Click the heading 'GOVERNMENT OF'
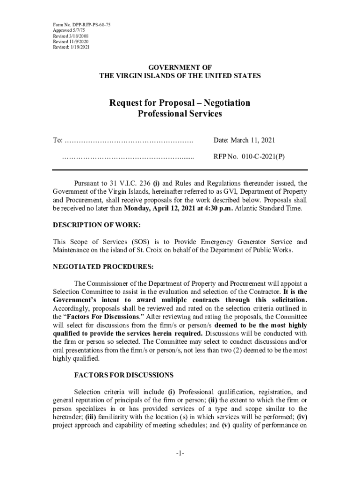[180, 67]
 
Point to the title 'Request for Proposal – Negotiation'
[180, 103]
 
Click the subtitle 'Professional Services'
[180, 114]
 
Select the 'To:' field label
[58, 140]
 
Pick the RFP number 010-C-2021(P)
[263, 157]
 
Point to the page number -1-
[180, 454]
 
